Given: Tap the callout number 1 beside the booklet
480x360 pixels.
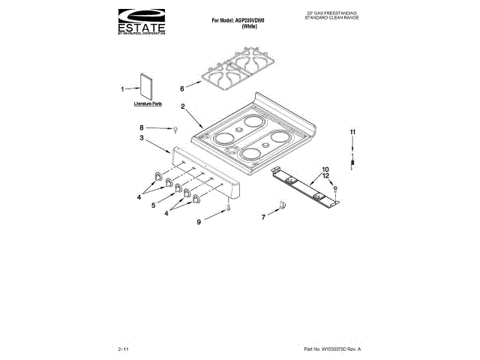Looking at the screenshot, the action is (123, 88).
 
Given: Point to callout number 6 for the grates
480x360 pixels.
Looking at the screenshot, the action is (181, 88).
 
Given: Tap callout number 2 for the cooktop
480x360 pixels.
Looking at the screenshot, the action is (183, 106).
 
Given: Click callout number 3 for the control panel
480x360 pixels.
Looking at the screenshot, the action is (142, 139).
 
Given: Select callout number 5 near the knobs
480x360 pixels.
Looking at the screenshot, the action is (153, 204).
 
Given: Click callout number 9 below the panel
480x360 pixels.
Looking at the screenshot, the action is (199, 222).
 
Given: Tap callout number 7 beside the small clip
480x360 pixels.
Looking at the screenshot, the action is (262, 217).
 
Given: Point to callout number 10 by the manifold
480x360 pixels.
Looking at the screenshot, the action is (325, 169).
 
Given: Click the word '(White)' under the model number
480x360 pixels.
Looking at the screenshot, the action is (250, 26).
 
